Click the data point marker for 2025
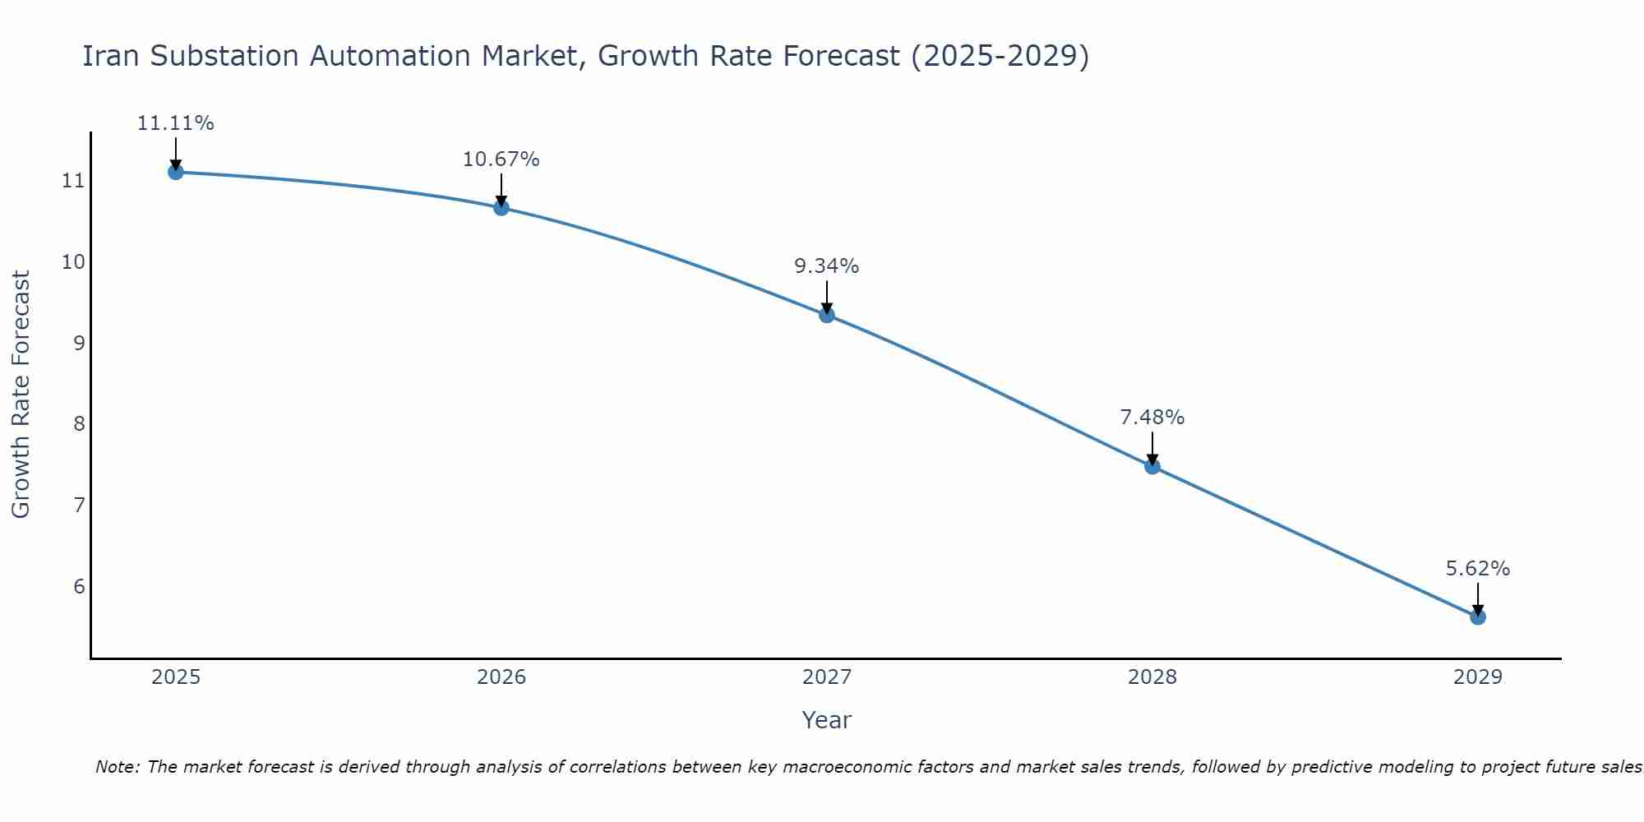point(175,172)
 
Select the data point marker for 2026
point(501,207)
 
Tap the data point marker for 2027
point(827,315)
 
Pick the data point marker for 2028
point(1152,466)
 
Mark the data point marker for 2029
point(1478,616)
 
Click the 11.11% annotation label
point(175,123)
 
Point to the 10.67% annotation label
point(501,159)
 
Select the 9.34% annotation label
point(826,266)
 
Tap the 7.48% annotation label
point(1152,418)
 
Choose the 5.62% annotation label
point(1478,569)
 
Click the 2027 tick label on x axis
point(827,677)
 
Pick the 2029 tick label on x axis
point(1478,677)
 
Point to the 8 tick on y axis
point(79,424)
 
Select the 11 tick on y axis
point(73,181)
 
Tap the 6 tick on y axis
point(79,586)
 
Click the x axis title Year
point(827,720)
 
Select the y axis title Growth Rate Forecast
point(21,395)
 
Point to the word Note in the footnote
point(118,767)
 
